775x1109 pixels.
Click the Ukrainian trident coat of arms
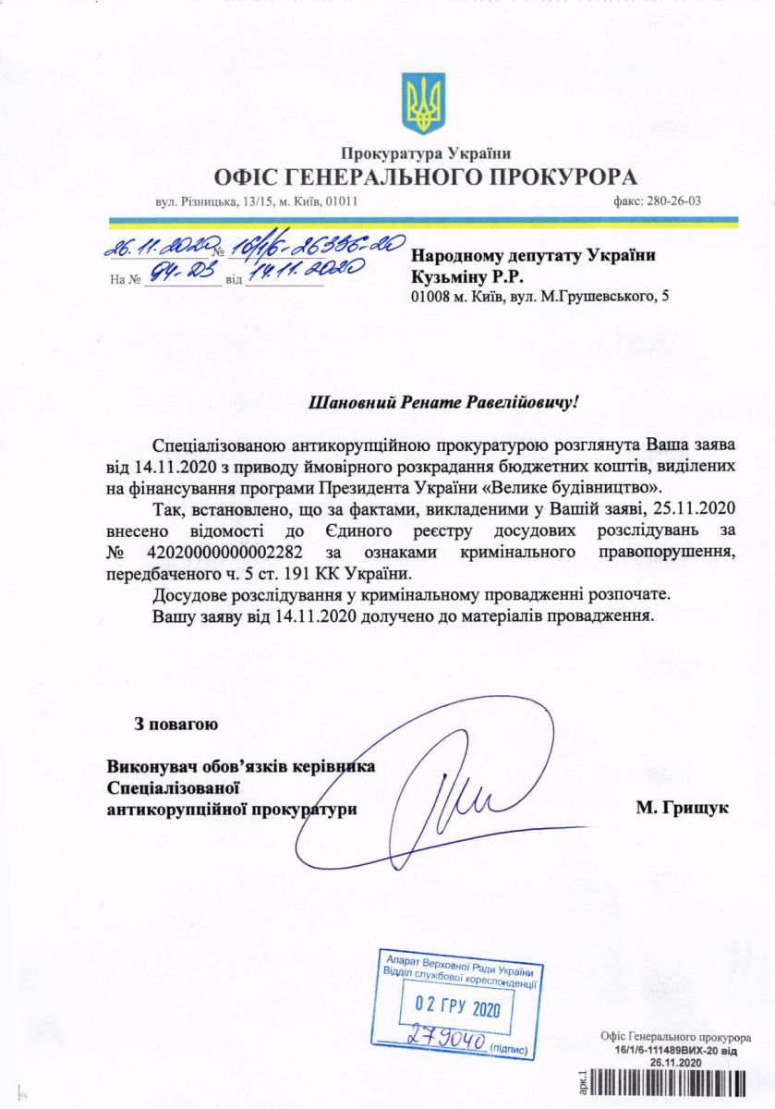[x=424, y=104]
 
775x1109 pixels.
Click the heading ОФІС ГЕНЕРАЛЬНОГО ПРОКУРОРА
[x=426, y=177]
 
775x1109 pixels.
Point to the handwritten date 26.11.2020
[x=158, y=246]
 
